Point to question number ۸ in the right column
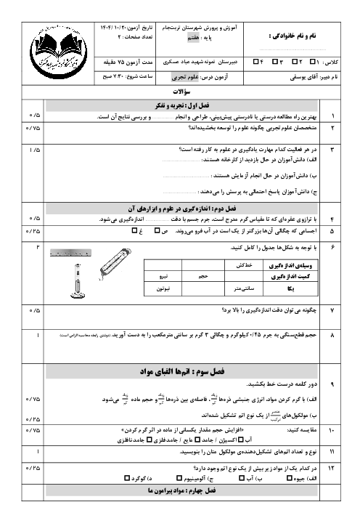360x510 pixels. [x=333, y=336]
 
